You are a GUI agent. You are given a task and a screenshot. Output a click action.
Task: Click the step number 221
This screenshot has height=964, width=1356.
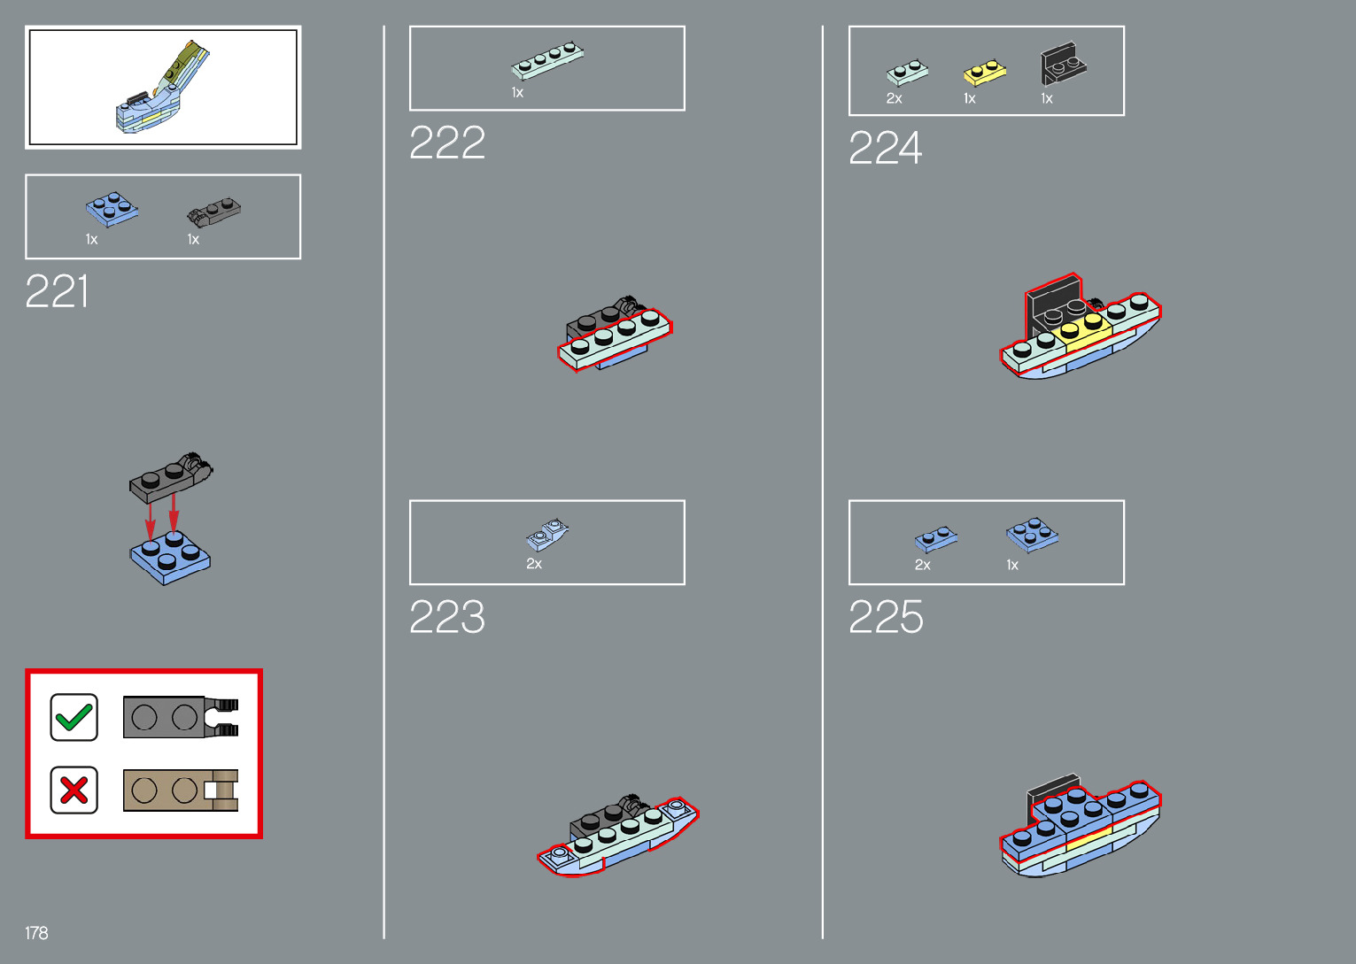[58, 291]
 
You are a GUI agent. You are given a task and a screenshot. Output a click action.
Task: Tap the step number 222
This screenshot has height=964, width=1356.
[447, 143]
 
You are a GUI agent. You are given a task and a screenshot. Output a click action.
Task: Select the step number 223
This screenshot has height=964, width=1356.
[447, 617]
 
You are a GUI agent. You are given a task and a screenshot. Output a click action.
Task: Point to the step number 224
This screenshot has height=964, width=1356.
[886, 148]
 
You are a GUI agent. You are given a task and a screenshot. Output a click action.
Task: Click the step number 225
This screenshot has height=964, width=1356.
[886, 617]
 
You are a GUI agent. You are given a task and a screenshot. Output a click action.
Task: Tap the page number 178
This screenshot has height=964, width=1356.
[36, 933]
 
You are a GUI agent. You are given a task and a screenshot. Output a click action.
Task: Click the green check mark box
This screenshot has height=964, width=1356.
[74, 717]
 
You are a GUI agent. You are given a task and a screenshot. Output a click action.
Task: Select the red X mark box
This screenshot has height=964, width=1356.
[74, 790]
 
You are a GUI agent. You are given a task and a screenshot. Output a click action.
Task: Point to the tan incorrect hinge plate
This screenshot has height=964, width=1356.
[180, 790]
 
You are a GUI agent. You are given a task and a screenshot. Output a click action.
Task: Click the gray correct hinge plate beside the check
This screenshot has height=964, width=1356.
[180, 717]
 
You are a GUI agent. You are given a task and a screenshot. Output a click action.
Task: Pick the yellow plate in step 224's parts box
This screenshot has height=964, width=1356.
[985, 72]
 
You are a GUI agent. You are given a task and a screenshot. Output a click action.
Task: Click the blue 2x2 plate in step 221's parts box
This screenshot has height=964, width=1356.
[112, 209]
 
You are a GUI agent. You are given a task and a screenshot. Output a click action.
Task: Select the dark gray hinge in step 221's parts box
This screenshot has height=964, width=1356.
[213, 211]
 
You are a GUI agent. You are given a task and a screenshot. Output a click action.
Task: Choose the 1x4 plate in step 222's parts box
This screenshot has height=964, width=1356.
[547, 60]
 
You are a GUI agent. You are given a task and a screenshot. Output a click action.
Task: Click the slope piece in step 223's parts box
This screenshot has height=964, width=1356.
[547, 534]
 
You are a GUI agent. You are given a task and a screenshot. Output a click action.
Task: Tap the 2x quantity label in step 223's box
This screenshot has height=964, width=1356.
[534, 564]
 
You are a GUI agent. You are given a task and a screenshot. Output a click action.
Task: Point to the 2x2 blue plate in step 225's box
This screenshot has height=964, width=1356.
[1032, 534]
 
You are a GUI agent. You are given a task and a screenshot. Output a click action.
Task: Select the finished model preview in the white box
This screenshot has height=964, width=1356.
[163, 88]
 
